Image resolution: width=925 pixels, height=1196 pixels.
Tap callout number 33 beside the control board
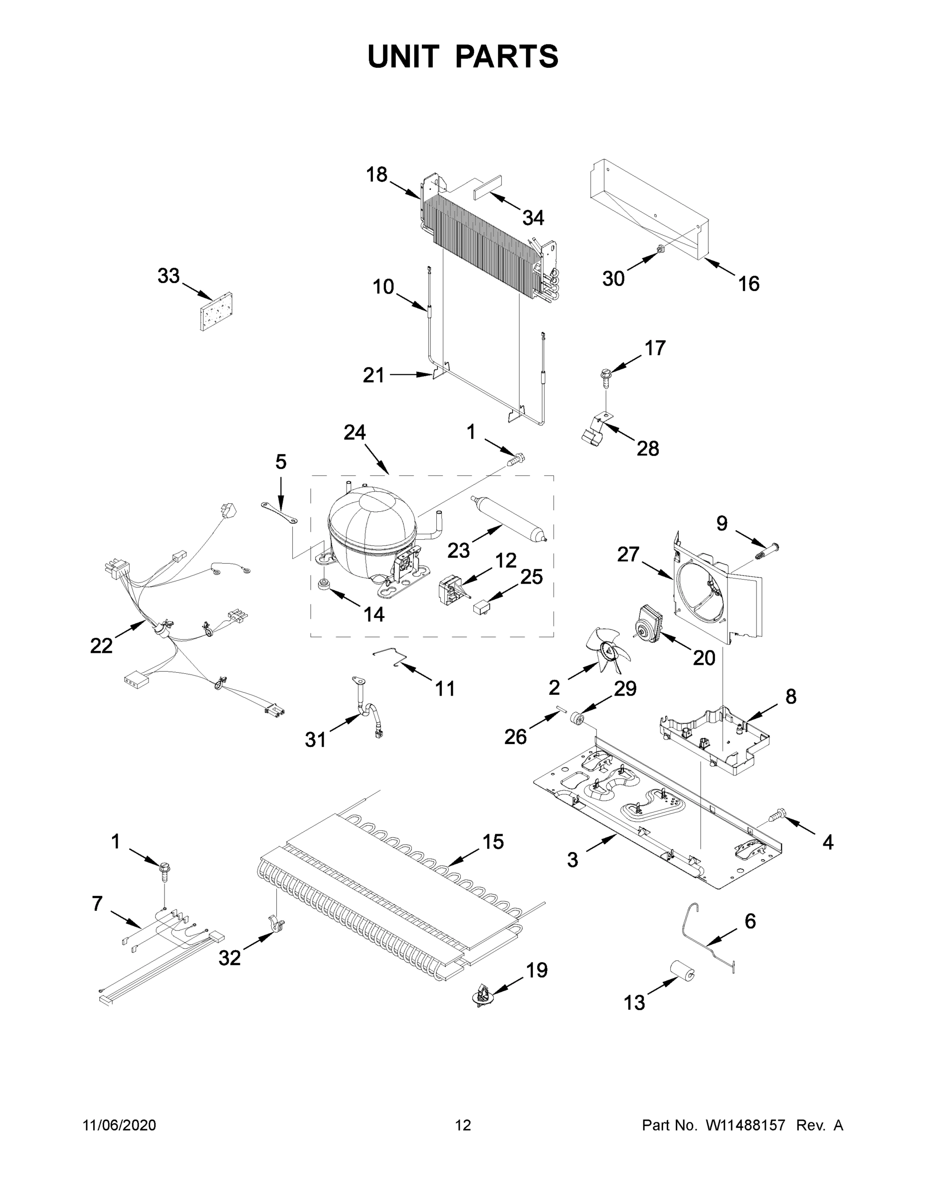[x=168, y=276]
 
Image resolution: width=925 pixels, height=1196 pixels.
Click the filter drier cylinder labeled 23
[x=507, y=518]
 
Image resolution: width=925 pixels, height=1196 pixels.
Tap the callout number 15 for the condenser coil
[x=493, y=842]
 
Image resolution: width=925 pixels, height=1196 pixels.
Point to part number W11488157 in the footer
[x=745, y=1125]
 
